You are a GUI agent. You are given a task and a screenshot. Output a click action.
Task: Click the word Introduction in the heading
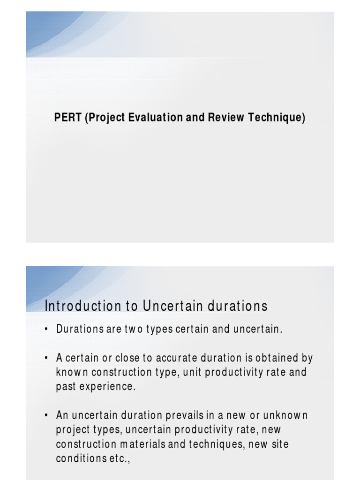pyautogui.click(x=82, y=306)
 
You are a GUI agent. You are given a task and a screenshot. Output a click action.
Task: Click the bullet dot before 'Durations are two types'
pyautogui.click(x=46, y=330)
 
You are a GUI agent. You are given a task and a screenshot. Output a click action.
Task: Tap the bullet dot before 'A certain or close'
pyautogui.click(x=46, y=359)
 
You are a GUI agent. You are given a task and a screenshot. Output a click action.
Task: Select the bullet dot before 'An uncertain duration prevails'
pyautogui.click(x=46, y=416)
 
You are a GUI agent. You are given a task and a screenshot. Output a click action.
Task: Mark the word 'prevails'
pyautogui.click(x=187, y=415)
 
